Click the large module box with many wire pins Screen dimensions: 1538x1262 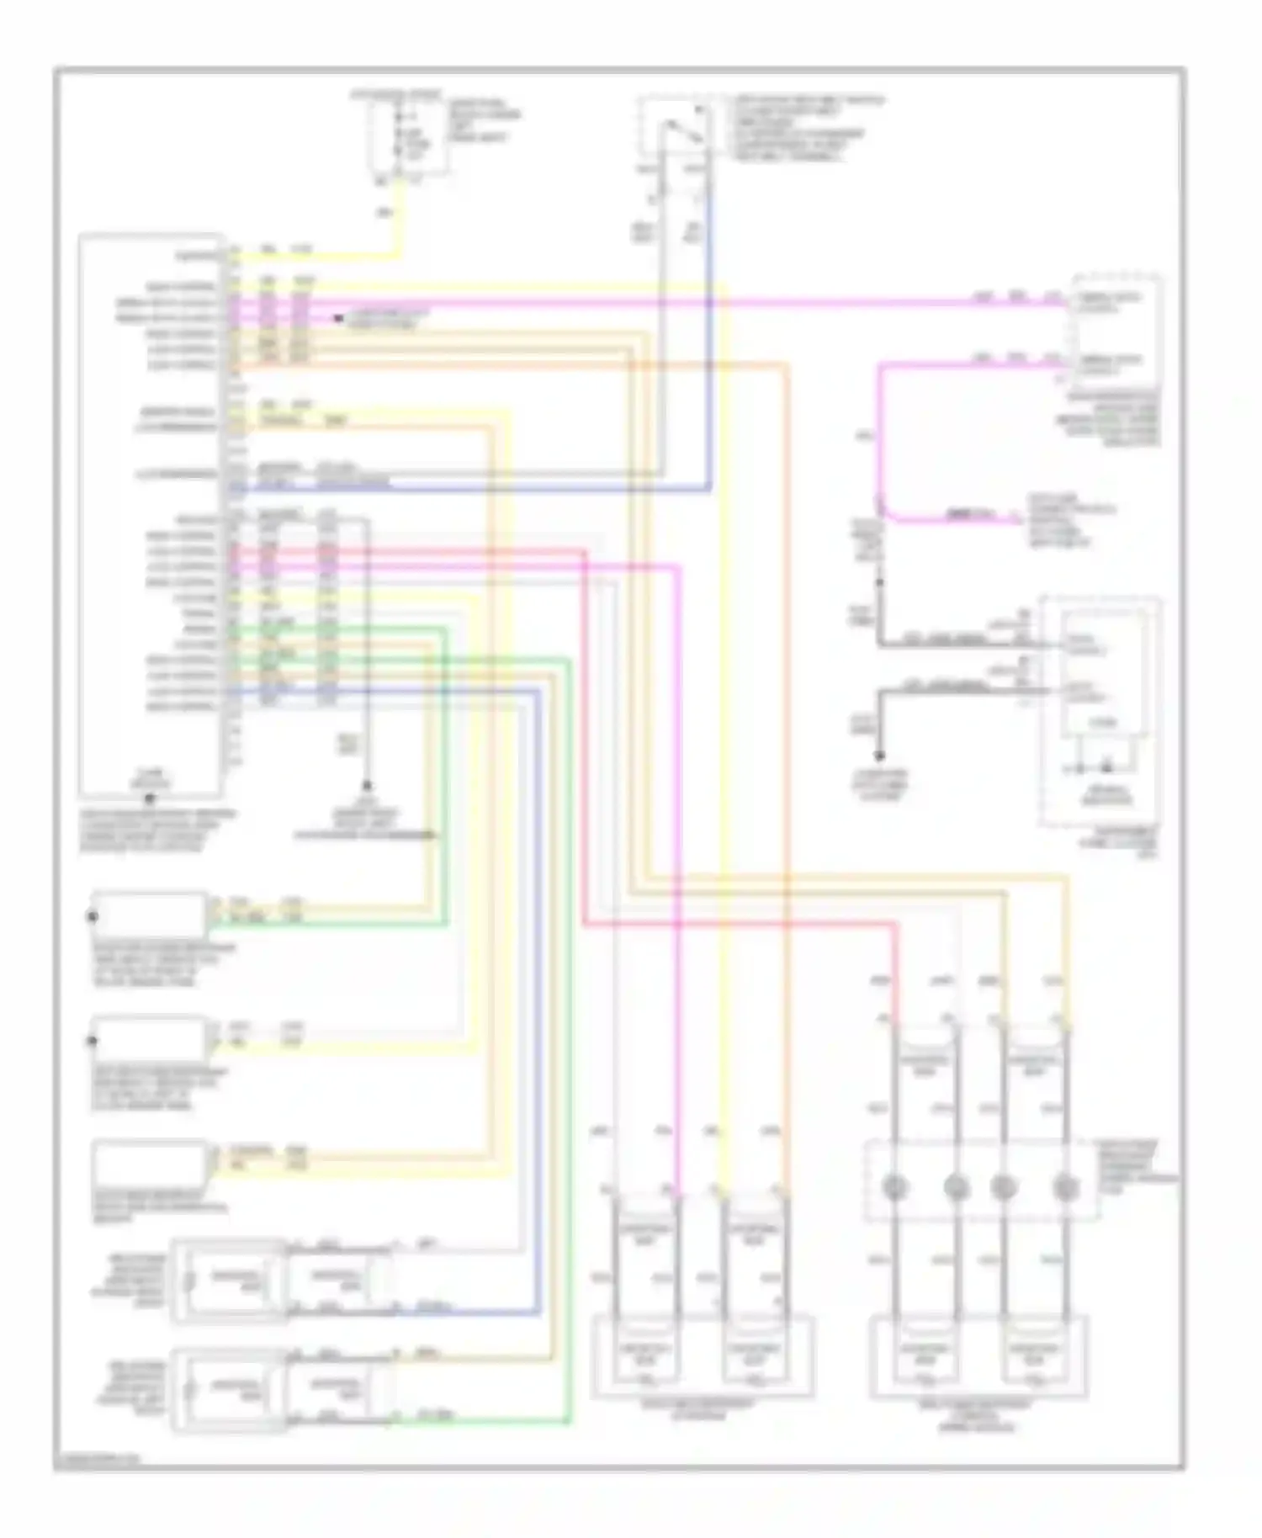(x=151, y=513)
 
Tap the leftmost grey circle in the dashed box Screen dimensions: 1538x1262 (x=893, y=1187)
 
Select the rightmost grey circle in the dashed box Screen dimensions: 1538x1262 (x=1065, y=1187)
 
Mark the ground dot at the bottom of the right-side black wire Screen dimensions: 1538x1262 (x=880, y=755)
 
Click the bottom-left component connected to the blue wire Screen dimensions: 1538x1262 (x=227, y=1280)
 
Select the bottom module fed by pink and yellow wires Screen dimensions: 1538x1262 (x=702, y=1355)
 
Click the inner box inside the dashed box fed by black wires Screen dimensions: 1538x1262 (x=1103, y=673)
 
